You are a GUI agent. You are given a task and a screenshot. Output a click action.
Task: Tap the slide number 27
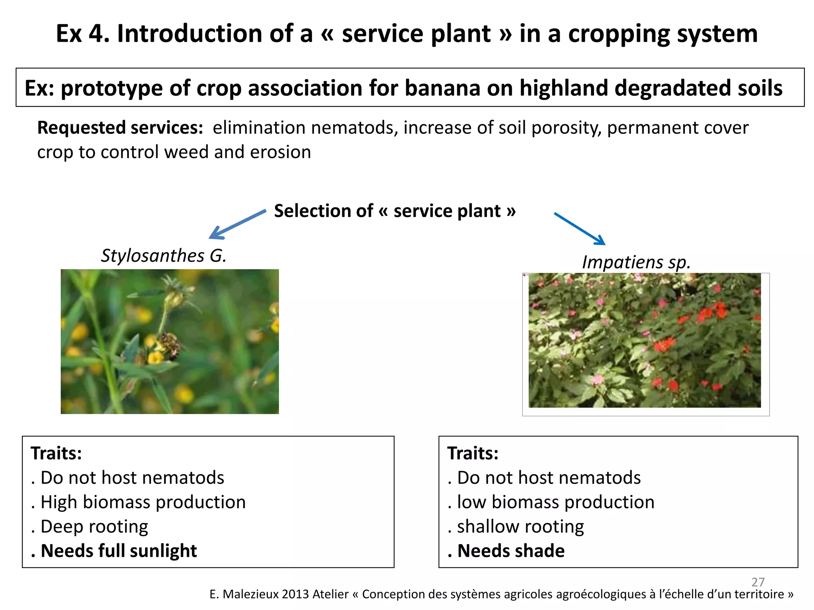(758, 582)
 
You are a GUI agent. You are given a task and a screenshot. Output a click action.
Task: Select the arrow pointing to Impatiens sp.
(579, 229)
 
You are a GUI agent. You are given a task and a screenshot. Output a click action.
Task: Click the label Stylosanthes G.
(163, 255)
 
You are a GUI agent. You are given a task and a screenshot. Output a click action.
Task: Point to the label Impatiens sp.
(636, 262)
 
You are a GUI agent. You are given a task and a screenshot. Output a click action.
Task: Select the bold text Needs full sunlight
(118, 551)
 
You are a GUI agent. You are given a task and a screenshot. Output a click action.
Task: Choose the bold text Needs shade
(511, 551)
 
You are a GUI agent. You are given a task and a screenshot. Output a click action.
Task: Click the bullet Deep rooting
(94, 527)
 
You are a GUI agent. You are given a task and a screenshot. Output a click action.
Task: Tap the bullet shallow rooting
(520, 527)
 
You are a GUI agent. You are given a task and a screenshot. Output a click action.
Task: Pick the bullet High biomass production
(143, 502)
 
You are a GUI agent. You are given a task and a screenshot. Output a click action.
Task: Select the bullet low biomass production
(555, 502)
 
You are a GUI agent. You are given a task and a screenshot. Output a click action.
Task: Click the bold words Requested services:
(120, 128)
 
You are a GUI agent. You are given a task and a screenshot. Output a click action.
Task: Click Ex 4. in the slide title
(82, 33)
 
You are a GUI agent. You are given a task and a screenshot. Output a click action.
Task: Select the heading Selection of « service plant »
(395, 211)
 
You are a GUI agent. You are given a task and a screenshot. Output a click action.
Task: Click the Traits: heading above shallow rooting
(472, 453)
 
